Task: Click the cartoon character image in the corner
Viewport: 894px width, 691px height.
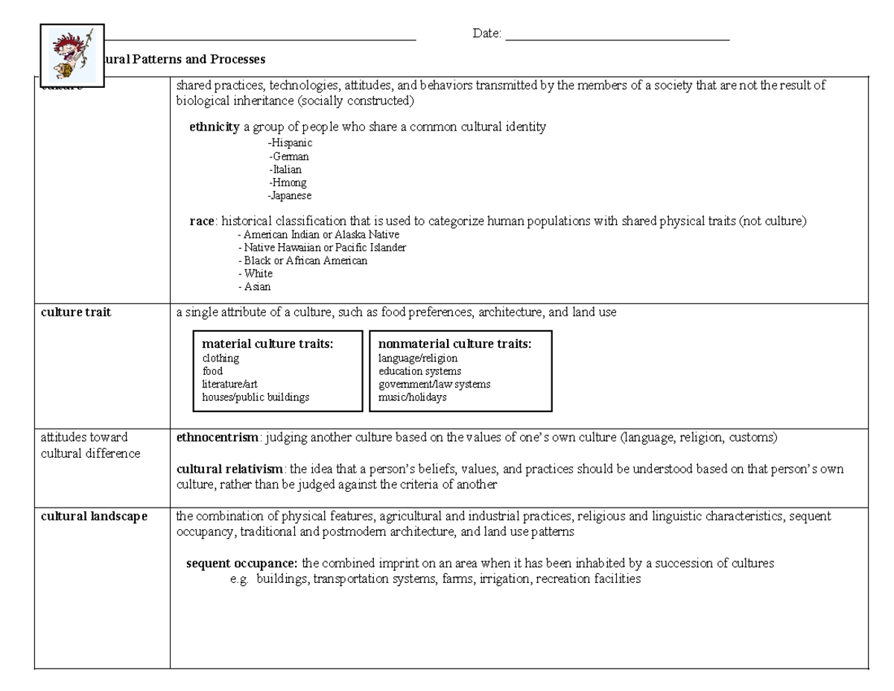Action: [72, 54]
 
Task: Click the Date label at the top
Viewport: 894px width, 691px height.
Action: [487, 34]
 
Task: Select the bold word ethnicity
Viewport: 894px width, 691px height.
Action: [214, 127]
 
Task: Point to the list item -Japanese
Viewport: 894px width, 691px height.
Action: [289, 196]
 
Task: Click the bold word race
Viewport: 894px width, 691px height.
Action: [202, 221]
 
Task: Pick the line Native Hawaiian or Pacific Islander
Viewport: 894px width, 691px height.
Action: [323, 247]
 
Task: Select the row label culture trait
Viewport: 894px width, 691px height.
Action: [75, 312]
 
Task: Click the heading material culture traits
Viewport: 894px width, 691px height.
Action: [267, 344]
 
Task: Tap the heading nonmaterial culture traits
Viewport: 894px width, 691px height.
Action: [454, 344]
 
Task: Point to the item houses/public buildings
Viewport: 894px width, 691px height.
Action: [256, 397]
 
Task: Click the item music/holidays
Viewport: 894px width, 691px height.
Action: [412, 397]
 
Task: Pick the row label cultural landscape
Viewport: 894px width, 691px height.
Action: [94, 516]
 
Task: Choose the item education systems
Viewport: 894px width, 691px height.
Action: [419, 371]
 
